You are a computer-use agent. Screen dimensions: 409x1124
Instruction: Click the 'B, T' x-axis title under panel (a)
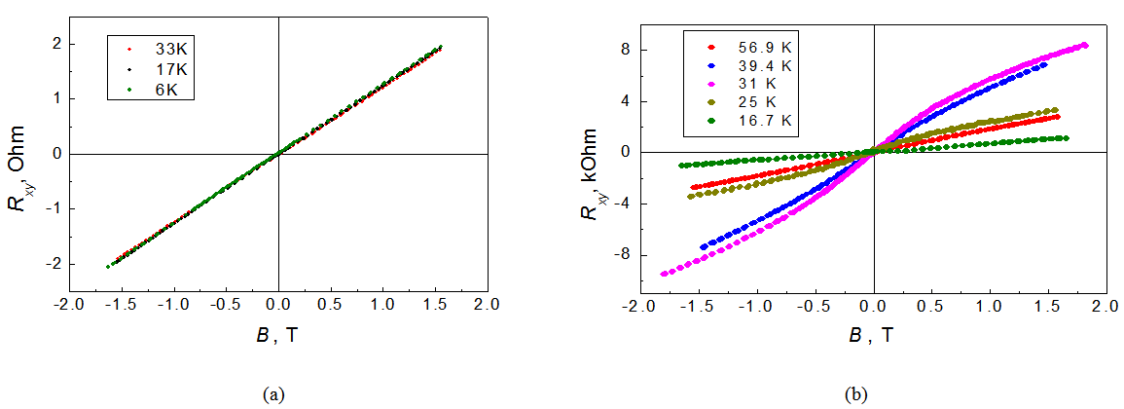(279, 336)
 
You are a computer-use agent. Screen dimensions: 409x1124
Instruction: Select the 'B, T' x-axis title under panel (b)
(872, 336)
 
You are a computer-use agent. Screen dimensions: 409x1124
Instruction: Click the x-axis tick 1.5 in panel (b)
(1046, 307)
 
